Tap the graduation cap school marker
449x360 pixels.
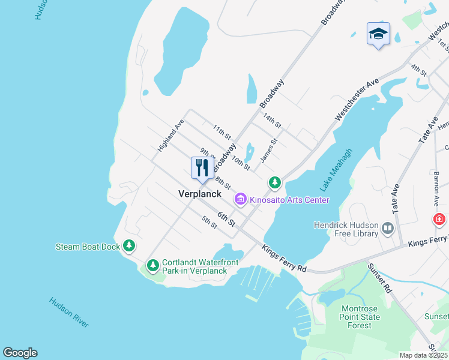pos(378,34)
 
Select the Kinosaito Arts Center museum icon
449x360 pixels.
pos(241,199)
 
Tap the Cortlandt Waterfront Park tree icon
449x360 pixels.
pos(153,265)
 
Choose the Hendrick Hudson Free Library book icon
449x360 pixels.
pos(388,228)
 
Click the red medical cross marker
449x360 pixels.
pos(440,219)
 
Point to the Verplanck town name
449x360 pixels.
pos(200,194)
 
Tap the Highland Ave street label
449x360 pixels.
pos(171,135)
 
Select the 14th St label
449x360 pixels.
pos(272,120)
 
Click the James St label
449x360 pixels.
pos(268,151)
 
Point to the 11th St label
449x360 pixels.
pos(221,132)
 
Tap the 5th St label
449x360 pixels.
pos(209,221)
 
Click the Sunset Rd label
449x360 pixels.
pos(380,278)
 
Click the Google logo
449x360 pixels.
pos(20,353)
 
